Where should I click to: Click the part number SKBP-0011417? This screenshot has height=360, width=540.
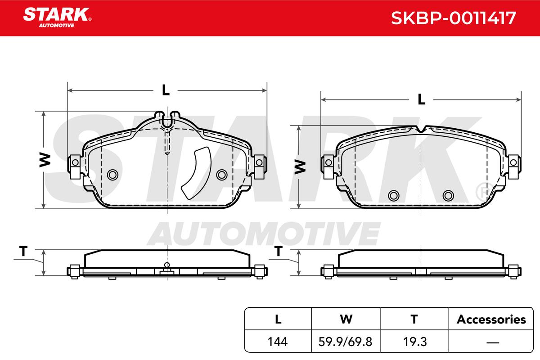453,18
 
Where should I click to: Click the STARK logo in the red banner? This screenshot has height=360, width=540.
57,18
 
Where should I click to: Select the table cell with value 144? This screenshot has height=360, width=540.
278,342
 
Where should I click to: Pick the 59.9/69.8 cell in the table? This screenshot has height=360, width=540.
346,342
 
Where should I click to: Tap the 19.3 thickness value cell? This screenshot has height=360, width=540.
414,342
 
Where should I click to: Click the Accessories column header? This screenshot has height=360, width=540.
491,319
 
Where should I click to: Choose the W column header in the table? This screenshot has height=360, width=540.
346,319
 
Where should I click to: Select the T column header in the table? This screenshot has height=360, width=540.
414,319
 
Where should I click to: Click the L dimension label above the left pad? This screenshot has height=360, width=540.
166,90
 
